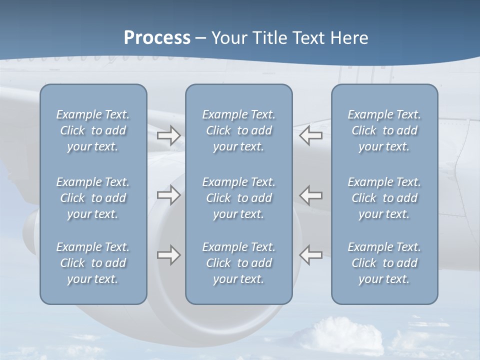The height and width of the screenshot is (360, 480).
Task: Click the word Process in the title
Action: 157,38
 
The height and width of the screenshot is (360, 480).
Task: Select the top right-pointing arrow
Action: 168,135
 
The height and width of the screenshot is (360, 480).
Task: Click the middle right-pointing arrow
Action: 168,194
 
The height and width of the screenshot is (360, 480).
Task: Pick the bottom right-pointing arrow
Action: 168,255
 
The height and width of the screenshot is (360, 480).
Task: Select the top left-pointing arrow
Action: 311,135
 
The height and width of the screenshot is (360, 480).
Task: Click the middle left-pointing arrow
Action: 311,194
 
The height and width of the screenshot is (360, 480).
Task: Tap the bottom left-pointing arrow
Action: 311,255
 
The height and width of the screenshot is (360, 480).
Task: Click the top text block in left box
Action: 93,130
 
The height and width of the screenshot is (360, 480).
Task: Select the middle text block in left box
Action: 93,198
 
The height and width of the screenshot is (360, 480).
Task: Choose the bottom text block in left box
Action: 93,263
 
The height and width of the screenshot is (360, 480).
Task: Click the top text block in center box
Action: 238,130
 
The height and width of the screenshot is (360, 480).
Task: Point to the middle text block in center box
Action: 238,198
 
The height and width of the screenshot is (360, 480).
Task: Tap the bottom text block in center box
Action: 238,263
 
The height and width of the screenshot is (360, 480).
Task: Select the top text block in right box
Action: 384,130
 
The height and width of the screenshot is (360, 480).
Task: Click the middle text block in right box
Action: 384,198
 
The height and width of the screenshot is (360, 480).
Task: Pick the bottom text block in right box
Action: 384,263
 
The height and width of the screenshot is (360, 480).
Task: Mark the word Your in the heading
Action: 228,38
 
